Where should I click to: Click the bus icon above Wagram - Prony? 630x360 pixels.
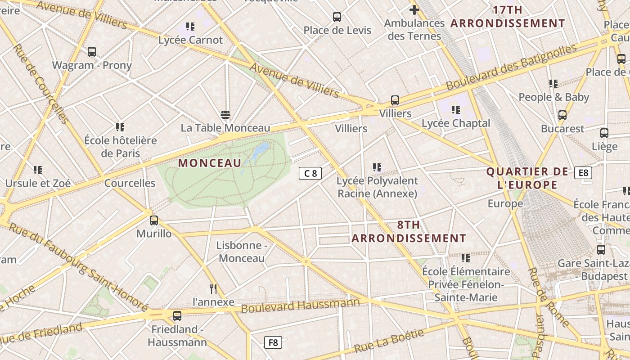(92, 52)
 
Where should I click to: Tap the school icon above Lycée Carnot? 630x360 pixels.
(190, 27)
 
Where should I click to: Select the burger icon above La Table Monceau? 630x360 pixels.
(225, 115)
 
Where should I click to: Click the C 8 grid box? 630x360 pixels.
(310, 173)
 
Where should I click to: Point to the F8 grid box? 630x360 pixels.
(273, 342)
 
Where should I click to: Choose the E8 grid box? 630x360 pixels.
(583, 173)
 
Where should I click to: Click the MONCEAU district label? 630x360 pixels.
(210, 163)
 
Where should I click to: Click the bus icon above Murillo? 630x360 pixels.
(154, 220)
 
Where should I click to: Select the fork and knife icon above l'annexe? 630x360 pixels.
(213, 288)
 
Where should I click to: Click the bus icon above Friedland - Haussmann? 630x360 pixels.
(177, 316)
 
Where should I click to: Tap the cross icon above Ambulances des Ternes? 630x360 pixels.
(414, 9)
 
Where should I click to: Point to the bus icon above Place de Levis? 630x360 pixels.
(337, 17)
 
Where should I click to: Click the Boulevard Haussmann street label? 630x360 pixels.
(300, 306)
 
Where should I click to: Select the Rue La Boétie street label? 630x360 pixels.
(389, 341)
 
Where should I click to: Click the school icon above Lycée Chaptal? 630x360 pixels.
(456, 110)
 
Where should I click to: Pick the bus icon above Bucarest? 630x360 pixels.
(562, 115)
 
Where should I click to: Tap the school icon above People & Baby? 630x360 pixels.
(553, 84)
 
